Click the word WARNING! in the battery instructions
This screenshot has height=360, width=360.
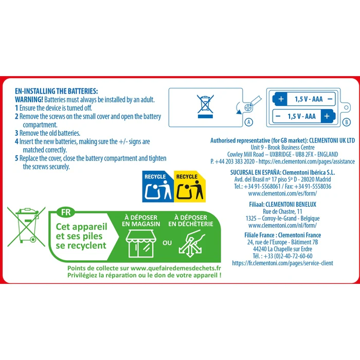click(29, 100)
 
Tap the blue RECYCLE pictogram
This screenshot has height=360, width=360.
click(158, 186)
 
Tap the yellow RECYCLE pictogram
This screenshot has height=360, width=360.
click(190, 186)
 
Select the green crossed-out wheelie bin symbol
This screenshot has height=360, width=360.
click(26, 227)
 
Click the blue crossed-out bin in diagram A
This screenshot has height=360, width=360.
click(205, 106)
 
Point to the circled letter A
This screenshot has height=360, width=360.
click(249, 122)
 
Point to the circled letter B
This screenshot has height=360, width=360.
click(347, 122)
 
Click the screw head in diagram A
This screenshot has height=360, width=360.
click(248, 107)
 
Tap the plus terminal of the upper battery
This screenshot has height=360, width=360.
click(281, 99)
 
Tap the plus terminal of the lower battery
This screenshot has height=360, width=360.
click(328, 116)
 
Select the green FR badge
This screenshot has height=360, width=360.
click(66, 212)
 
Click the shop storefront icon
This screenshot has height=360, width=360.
click(141, 243)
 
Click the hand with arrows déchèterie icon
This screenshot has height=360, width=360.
click(191, 244)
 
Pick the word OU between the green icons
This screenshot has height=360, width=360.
click(167, 243)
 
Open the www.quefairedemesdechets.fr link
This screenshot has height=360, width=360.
click(176, 268)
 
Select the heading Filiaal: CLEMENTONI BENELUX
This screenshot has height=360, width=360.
click(283, 204)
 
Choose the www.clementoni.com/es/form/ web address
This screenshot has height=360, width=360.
click(282, 193)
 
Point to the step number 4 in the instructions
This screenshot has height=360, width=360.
click(16, 141)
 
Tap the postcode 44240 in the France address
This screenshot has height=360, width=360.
click(260, 249)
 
